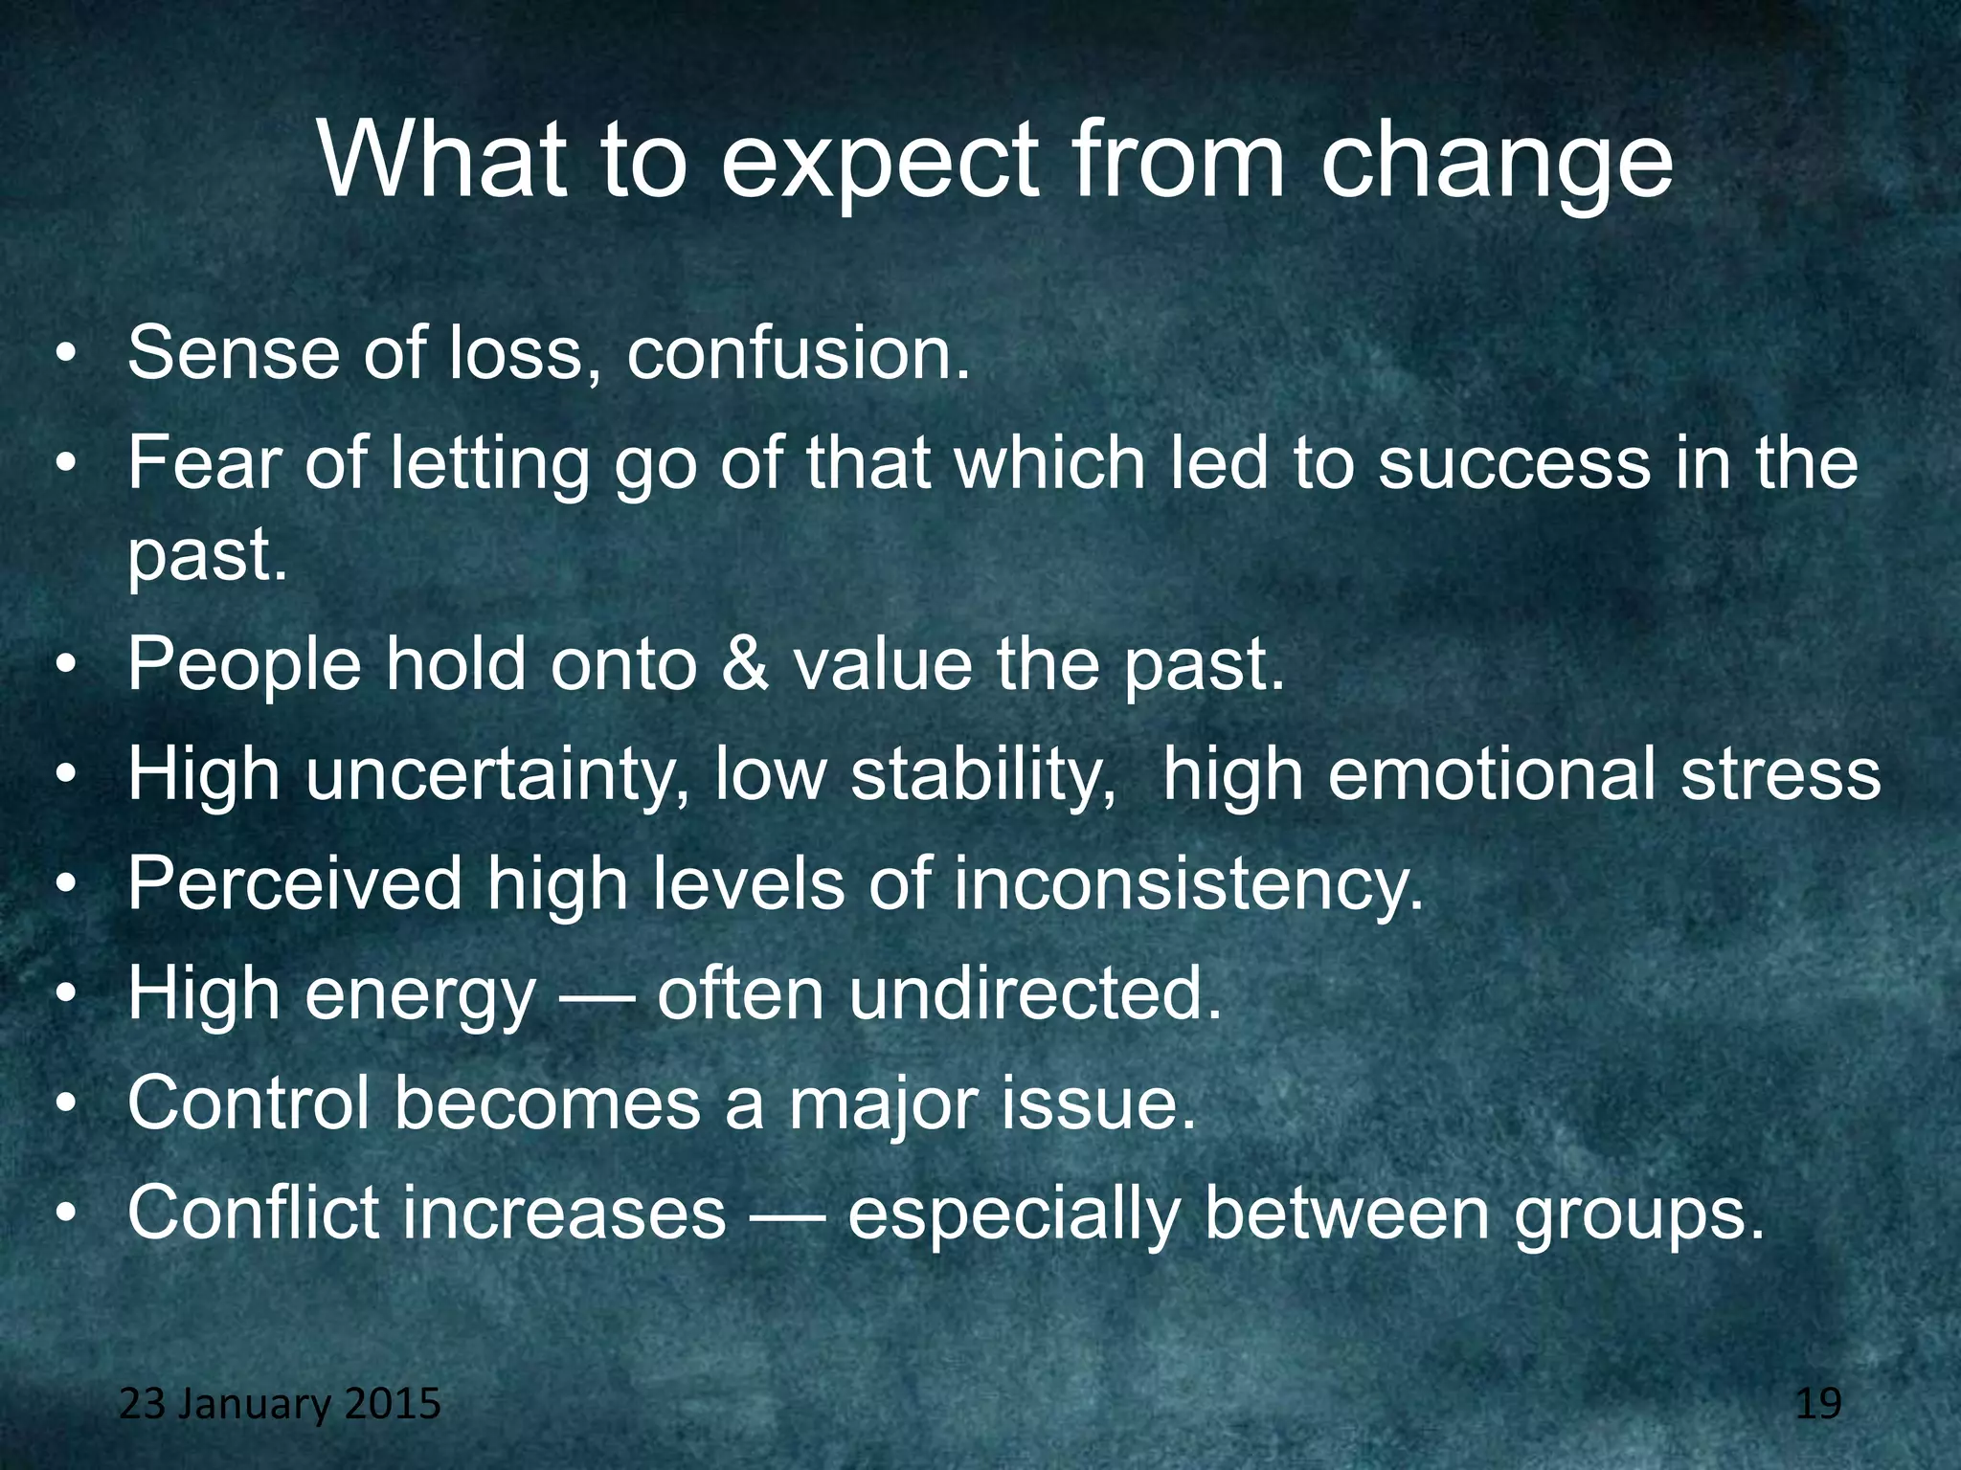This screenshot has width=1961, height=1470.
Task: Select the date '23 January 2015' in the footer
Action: (280, 1404)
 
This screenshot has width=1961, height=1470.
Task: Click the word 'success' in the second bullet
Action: (1514, 463)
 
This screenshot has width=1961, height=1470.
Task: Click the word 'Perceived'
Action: (295, 883)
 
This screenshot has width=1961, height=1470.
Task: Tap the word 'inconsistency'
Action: (1188, 883)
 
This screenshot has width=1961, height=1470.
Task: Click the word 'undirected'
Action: (1034, 993)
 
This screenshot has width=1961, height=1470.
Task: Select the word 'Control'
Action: (248, 1102)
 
